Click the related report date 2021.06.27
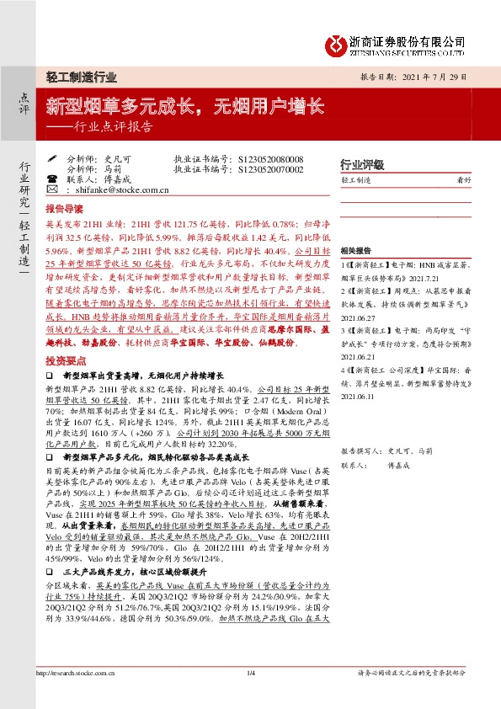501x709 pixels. pos(358,308)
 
